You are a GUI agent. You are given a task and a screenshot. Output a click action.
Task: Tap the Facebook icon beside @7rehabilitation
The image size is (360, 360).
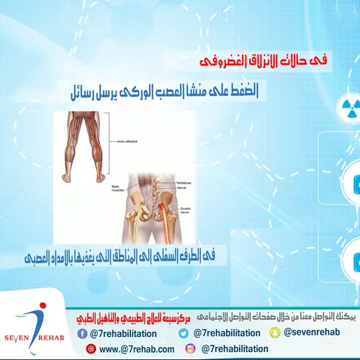91,333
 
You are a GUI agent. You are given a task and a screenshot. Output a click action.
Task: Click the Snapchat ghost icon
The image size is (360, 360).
274,333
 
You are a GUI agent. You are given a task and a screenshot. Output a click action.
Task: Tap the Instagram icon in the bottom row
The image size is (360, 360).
191,348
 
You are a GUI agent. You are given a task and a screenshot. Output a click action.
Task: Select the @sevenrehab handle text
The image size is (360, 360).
310,333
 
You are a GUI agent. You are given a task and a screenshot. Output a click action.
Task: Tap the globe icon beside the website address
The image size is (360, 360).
91,349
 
